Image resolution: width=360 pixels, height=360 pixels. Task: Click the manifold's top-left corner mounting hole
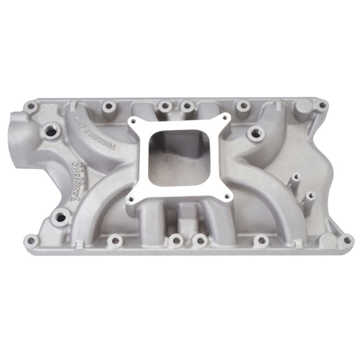(30, 107)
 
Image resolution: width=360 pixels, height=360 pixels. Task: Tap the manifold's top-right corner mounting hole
(322, 105)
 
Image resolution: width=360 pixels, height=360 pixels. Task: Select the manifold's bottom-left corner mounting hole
(29, 239)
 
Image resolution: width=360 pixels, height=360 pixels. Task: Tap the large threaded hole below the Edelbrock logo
(60, 217)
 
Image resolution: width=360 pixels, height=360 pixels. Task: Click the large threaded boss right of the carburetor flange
(255, 133)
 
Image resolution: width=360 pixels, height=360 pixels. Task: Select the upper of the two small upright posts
(294, 179)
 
